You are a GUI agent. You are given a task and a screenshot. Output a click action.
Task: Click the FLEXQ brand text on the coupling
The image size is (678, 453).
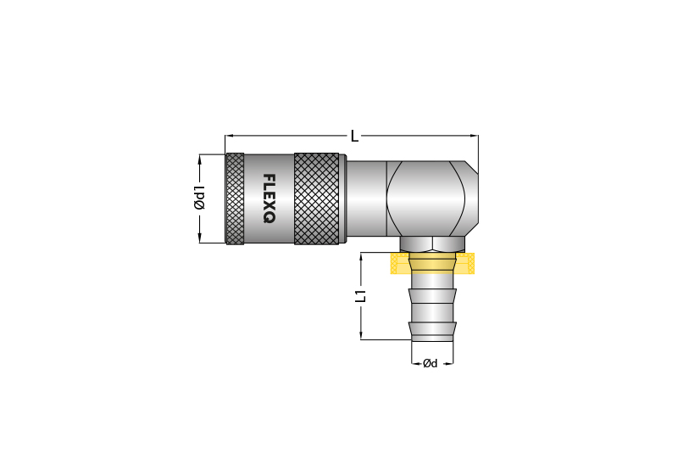[x=269, y=199]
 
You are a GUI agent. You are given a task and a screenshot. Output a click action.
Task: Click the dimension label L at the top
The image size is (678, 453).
[x=354, y=137]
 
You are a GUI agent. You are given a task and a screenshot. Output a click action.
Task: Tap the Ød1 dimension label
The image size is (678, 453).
[x=199, y=198]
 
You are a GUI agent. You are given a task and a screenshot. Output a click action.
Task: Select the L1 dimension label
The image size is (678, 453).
[x=361, y=296]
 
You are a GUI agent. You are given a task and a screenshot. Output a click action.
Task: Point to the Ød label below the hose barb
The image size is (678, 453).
[x=431, y=363]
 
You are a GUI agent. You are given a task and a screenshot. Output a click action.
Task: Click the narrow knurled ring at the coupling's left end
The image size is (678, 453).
[x=235, y=199]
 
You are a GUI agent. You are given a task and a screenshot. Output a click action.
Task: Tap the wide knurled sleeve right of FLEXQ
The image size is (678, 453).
[x=316, y=199]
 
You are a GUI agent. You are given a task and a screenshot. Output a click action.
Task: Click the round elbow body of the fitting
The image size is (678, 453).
[x=426, y=199]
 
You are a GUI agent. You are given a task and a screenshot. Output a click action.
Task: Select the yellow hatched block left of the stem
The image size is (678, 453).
[x=400, y=263]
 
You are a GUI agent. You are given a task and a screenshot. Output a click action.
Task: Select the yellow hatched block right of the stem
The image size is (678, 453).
[x=465, y=263]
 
